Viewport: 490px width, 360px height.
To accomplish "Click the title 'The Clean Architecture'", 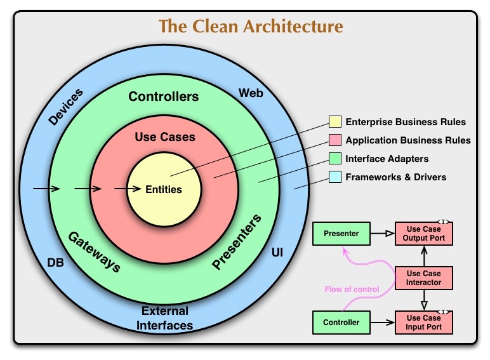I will point(251,27).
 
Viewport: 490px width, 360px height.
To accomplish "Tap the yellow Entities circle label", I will point(164,189).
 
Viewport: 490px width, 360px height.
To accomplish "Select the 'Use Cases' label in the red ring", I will point(165,137).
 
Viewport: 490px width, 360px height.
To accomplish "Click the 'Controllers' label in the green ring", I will point(163,97).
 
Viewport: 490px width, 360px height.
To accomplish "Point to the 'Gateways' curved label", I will point(94,251).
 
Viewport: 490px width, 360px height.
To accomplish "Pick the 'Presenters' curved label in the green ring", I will point(236,243).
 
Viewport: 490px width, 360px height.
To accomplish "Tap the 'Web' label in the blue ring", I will point(251,93).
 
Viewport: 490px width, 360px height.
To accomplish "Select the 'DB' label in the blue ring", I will point(56,262).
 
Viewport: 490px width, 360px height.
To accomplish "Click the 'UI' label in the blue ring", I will point(277,253).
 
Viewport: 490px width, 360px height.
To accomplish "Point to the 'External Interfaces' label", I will point(165,318).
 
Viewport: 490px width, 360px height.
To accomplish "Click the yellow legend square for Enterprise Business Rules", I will point(334,122).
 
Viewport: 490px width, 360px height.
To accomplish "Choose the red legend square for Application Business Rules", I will point(334,140).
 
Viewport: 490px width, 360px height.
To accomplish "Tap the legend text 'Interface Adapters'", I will point(387,159).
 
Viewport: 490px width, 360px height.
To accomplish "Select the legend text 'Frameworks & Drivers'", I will point(395,177).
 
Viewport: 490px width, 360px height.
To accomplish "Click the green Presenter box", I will point(341,234).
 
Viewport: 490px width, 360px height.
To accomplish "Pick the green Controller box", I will point(341,323).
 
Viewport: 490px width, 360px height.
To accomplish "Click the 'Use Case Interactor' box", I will point(424,277).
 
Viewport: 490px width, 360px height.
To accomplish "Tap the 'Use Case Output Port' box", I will point(424,234).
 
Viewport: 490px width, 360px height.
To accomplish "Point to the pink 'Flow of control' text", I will point(352,290).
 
